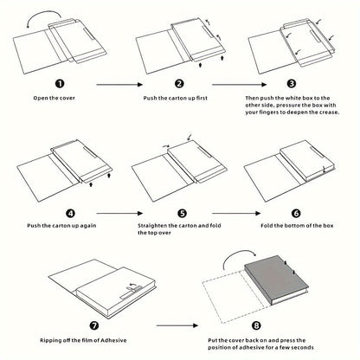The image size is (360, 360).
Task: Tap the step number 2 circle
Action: pos(179,84)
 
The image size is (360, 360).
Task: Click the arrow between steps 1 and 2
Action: pos(119,84)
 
